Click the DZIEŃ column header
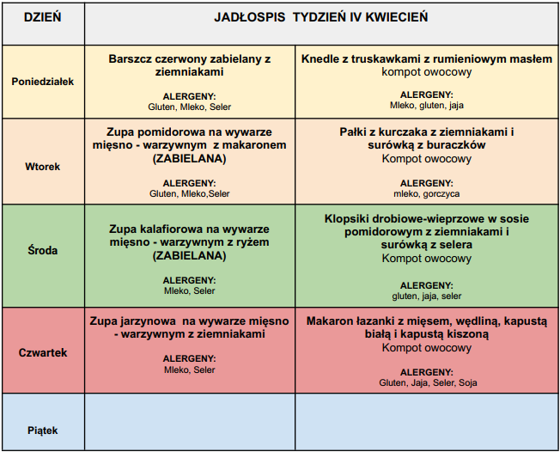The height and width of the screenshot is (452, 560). (x=43, y=17)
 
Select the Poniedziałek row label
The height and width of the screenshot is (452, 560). (x=43, y=82)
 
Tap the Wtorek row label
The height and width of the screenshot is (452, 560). (x=43, y=166)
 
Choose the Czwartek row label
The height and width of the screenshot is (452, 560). (x=43, y=352)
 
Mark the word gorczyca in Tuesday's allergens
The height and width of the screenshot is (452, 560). (x=442, y=194)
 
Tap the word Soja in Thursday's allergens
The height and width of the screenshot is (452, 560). (x=468, y=382)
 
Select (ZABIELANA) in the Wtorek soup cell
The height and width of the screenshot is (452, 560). (x=190, y=159)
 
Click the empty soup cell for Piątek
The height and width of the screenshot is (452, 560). (x=190, y=422)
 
